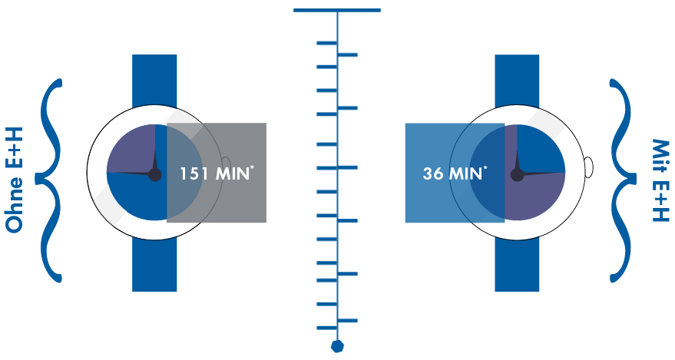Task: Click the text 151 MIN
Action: click(214, 173)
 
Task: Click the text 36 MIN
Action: click(453, 173)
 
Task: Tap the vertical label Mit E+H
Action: click(660, 181)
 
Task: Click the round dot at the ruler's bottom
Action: click(337, 346)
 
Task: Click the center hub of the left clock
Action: click(155, 174)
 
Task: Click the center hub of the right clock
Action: click(517, 174)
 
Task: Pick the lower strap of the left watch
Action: click(154, 265)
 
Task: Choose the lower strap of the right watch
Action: click(517, 265)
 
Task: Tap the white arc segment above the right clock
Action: click(544, 121)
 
